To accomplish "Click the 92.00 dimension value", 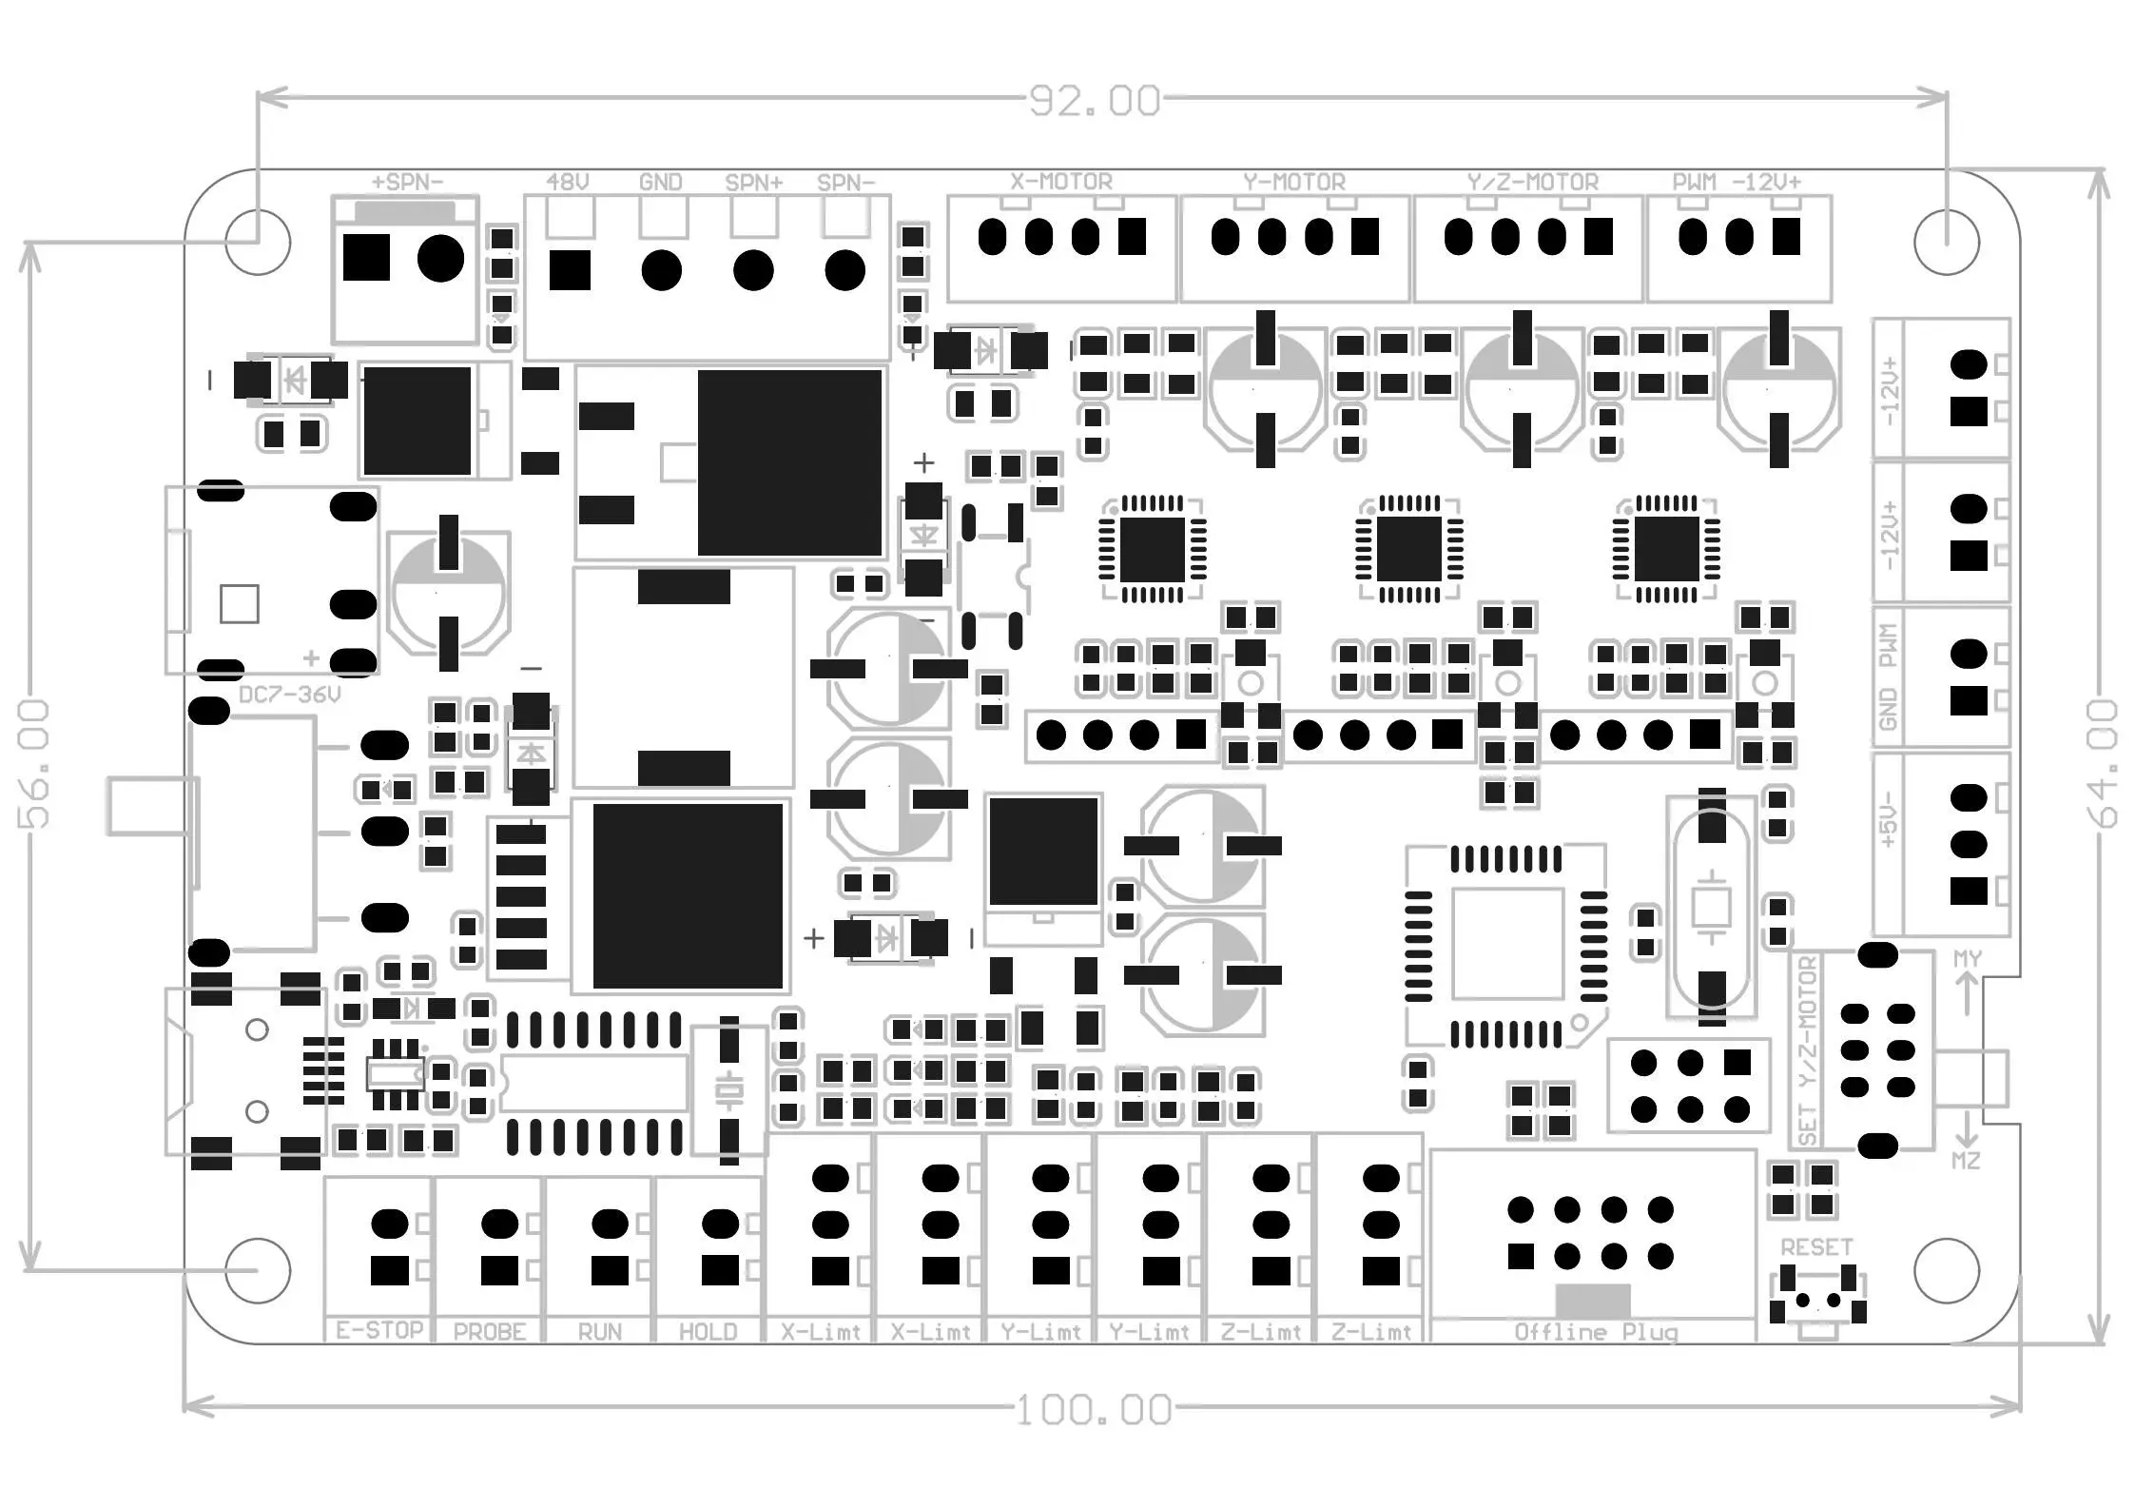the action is [x=1095, y=101].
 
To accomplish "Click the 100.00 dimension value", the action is [x=1094, y=1410].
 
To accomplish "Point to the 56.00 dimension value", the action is [x=34, y=763].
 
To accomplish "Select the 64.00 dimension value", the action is [x=2103, y=763].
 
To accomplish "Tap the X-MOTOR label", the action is [x=1061, y=181].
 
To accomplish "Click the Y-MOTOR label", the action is [x=1294, y=181].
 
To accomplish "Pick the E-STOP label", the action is [x=379, y=1329].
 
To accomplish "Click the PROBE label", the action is [x=490, y=1331].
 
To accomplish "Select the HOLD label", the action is [x=708, y=1331].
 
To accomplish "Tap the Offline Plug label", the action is [x=1596, y=1331].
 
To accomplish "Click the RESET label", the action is [x=1816, y=1246].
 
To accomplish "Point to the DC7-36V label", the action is [x=289, y=695].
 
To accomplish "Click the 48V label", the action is [x=568, y=181].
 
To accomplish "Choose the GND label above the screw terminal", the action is [x=661, y=181].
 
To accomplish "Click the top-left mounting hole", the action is [x=258, y=242].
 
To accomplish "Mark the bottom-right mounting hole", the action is [x=1947, y=1270].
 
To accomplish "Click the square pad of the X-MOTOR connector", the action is [x=1132, y=236].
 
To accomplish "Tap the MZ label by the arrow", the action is [x=1966, y=1161].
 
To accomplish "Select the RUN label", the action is [x=599, y=1331].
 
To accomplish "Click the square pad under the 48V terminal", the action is [x=570, y=270].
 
